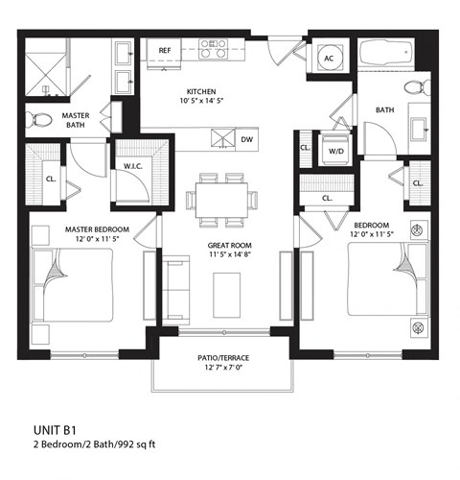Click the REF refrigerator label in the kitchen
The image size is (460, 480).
click(164, 50)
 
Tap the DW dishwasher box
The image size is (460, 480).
click(246, 139)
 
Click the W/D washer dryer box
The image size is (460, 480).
click(335, 151)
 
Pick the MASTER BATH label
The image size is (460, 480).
click(76, 121)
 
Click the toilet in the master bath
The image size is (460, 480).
click(40, 121)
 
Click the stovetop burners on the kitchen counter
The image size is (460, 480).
click(214, 49)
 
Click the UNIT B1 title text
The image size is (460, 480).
click(55, 432)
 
